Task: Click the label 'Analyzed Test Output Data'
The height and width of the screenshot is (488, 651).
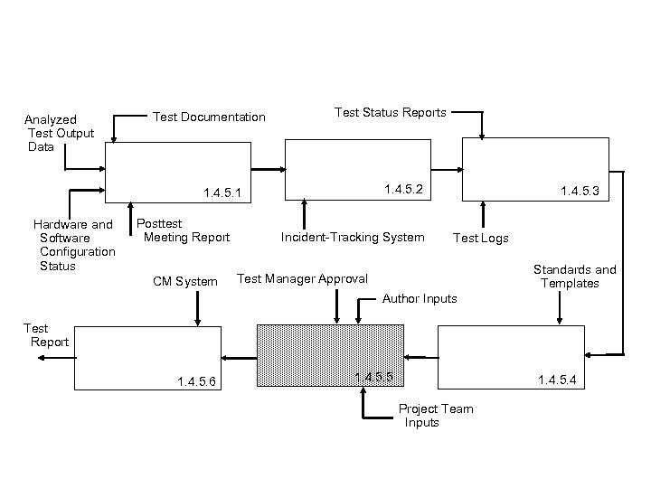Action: tap(60, 133)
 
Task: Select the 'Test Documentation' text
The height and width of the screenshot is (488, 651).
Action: tap(209, 117)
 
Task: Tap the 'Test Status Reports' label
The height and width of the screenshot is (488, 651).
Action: tap(390, 112)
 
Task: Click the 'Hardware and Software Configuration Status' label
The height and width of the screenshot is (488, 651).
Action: tap(73, 245)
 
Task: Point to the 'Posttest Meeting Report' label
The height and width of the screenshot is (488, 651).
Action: tap(183, 230)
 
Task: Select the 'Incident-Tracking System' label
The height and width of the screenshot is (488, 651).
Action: tap(353, 237)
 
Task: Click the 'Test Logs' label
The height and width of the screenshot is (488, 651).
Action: tap(480, 238)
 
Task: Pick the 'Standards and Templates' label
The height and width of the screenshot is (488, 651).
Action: tap(574, 277)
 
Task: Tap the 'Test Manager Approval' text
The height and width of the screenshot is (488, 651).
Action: tap(302, 278)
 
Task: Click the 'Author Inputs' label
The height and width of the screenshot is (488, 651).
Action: tap(420, 298)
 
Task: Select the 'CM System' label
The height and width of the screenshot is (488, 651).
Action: tap(184, 282)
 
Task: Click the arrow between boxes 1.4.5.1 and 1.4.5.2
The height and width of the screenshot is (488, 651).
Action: tap(269, 169)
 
